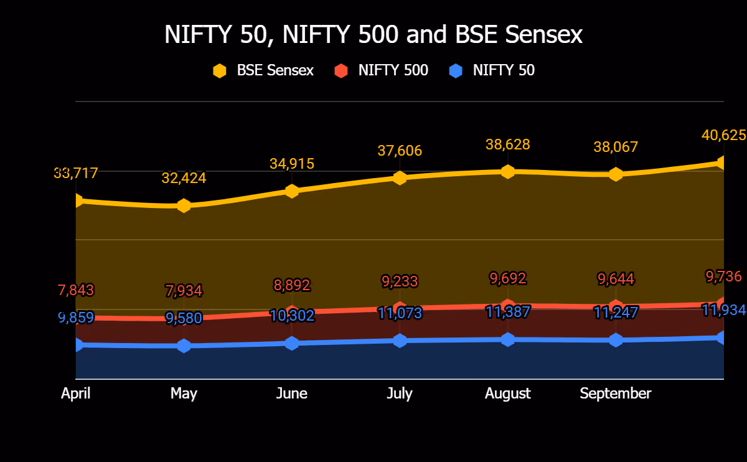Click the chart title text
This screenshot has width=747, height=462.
coord(374,34)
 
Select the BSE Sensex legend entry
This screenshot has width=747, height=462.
coord(263,70)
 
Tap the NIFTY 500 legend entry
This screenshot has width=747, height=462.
coord(381,70)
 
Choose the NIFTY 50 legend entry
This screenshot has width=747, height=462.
coord(492,70)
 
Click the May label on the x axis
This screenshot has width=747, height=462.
coord(184,394)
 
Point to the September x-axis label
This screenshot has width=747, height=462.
coord(616,394)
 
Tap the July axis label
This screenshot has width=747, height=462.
coord(400,394)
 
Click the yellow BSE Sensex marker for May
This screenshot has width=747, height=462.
coord(184,205)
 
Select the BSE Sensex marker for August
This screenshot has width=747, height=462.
coord(507,172)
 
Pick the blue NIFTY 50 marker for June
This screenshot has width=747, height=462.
coord(292,343)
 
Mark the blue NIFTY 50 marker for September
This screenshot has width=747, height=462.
coord(616,340)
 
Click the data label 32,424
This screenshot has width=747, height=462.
coord(184,178)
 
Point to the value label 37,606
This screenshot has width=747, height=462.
coord(400,151)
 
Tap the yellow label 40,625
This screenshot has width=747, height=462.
coord(723,136)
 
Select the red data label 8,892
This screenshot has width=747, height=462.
coord(292,285)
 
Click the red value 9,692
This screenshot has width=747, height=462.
coord(507,278)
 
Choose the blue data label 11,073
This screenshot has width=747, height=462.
coord(400,313)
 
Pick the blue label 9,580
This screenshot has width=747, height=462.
coord(184,318)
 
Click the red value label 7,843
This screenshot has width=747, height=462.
coord(76,290)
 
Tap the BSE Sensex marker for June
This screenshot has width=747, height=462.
coord(292,191)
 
